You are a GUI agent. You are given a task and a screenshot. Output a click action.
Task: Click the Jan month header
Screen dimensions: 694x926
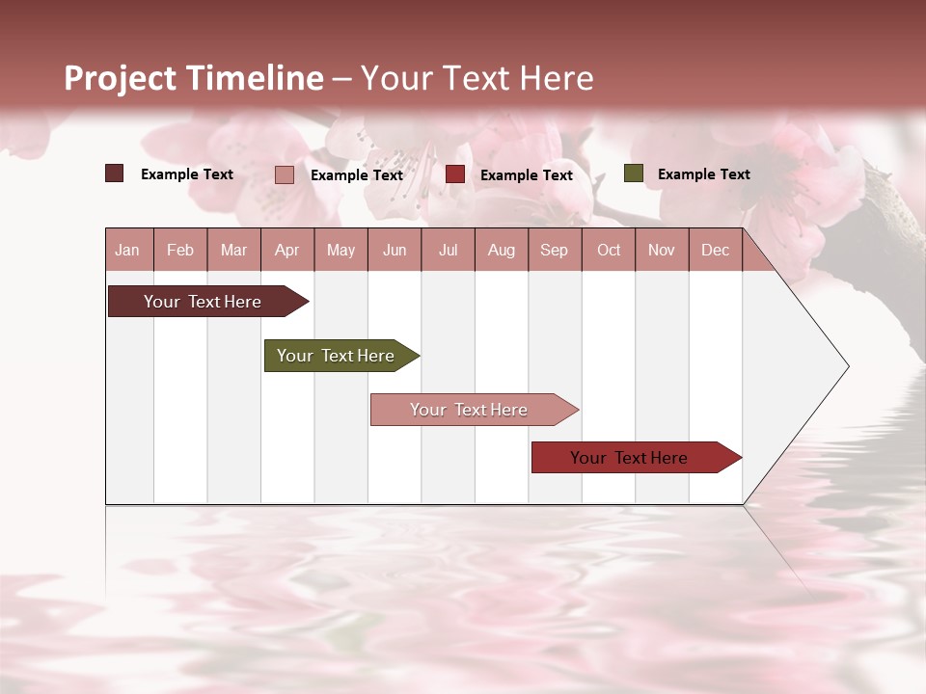coord(127,250)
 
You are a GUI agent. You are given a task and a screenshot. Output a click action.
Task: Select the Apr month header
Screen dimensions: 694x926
coord(287,250)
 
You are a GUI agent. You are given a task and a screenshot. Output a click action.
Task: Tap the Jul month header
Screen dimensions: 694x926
coord(448,250)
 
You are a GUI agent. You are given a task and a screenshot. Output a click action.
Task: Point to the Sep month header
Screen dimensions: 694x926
coord(554,250)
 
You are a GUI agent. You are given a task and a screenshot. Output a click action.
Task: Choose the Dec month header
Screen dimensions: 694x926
coord(715,250)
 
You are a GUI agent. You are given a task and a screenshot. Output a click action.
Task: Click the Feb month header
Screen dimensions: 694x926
coord(180,250)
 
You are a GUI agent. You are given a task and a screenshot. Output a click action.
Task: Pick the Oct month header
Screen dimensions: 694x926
coord(609,250)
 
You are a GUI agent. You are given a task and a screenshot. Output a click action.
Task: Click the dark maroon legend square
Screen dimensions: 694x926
coord(114,173)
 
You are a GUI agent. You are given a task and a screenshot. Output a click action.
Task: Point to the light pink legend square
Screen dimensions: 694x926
coord(284,174)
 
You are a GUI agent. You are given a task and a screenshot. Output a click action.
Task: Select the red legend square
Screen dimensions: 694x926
coord(455,174)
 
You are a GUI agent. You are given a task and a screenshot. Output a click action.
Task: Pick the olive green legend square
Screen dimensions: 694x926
coord(633,173)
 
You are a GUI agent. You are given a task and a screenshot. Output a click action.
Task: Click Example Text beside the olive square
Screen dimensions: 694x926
coord(703,174)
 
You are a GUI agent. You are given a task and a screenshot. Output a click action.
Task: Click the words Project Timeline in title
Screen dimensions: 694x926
coord(193,78)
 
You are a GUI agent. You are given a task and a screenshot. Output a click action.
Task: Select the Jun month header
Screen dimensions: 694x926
coord(395,250)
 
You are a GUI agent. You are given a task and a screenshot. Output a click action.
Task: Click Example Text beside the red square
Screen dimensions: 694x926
coord(526,175)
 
